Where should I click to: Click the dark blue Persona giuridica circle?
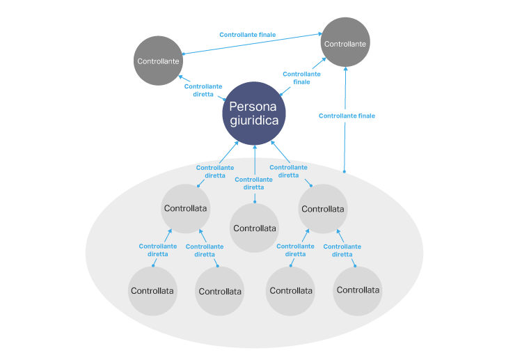(254, 114)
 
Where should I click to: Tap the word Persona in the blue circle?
(254, 107)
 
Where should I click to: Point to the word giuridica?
(254, 120)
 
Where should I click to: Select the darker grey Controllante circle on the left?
(158, 61)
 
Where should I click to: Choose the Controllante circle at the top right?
(345, 43)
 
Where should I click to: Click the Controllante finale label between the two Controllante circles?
(247, 34)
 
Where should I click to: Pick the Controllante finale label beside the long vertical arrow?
(347, 116)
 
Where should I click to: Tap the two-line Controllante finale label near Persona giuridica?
(301, 77)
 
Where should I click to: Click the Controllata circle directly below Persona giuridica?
(254, 228)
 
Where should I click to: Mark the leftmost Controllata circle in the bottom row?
(152, 290)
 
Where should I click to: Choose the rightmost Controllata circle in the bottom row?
(357, 290)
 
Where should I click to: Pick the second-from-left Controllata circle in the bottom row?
(219, 291)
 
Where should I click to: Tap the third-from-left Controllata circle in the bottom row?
(290, 290)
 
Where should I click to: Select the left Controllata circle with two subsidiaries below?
(185, 208)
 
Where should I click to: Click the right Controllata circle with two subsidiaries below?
(323, 208)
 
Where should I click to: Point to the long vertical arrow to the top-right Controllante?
(345, 139)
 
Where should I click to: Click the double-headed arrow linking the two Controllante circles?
(251, 44)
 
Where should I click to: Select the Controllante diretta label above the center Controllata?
(253, 183)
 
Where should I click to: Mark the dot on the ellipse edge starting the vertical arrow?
(345, 171)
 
